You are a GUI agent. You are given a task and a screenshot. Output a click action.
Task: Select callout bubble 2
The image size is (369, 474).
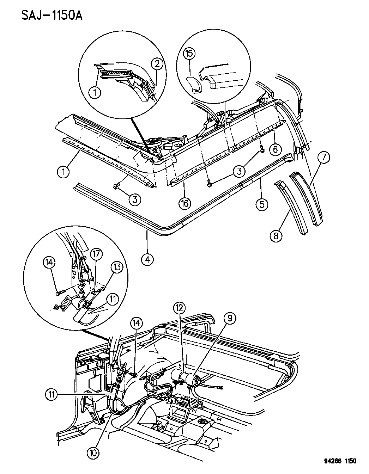pos(157,64)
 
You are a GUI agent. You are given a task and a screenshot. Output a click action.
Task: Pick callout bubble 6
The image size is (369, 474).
pos(276,149)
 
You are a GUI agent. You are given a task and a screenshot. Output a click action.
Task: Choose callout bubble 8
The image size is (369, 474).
pos(276,236)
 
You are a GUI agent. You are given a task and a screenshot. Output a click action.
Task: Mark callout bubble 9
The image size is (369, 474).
pos(230,319)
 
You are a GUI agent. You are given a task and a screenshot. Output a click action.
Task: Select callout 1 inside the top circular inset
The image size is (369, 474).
pos(95,93)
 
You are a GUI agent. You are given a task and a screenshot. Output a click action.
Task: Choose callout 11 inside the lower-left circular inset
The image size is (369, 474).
pos(113,300)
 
